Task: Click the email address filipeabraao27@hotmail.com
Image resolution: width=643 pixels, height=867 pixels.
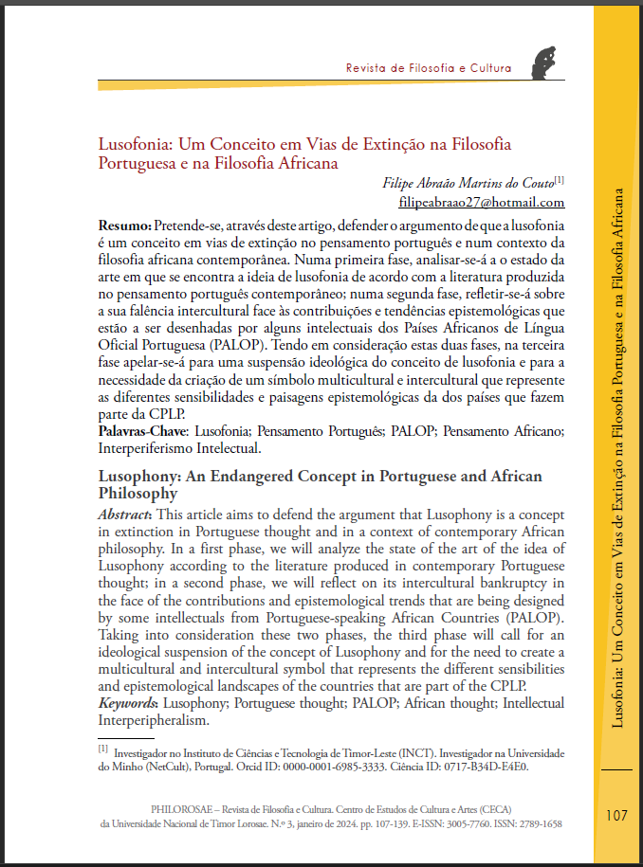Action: coord(482,202)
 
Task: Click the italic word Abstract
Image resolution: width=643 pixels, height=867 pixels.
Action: coord(124,514)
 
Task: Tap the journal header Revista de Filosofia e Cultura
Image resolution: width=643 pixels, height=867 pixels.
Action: coord(429,68)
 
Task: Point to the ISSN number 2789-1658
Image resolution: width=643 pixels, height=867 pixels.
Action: coord(537,824)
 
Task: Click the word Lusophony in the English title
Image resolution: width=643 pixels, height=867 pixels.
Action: coord(138,476)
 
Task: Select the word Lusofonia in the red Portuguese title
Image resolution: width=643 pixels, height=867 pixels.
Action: coord(136,145)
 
